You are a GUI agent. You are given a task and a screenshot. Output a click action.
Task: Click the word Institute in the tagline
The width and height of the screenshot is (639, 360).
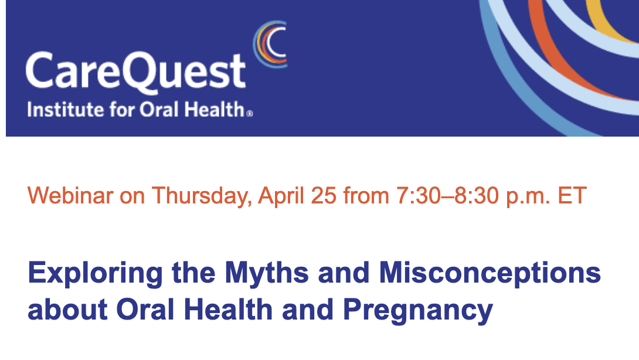[65, 110]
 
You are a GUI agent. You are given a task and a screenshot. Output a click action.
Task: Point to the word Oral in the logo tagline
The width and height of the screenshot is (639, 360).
[159, 110]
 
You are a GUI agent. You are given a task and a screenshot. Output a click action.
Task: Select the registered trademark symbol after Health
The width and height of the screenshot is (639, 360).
[250, 114]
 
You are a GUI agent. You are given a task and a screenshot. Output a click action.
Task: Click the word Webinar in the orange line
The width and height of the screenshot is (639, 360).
[70, 195]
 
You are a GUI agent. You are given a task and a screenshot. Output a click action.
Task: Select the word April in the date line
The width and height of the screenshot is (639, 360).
[281, 196]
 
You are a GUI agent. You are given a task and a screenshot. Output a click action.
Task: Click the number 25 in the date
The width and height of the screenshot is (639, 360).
[324, 196]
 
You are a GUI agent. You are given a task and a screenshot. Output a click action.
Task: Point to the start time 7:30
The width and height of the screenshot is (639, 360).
[419, 196]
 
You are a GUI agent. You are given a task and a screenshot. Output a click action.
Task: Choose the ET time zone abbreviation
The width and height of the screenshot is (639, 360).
[572, 196]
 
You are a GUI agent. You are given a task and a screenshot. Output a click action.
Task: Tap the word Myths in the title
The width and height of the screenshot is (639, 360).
[267, 274]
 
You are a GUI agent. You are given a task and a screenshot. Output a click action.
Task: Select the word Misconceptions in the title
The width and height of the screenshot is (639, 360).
[490, 274]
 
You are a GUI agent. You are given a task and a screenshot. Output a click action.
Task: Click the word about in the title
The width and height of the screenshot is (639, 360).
[67, 310]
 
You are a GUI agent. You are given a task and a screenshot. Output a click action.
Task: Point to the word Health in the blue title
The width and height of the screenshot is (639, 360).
[228, 310]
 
